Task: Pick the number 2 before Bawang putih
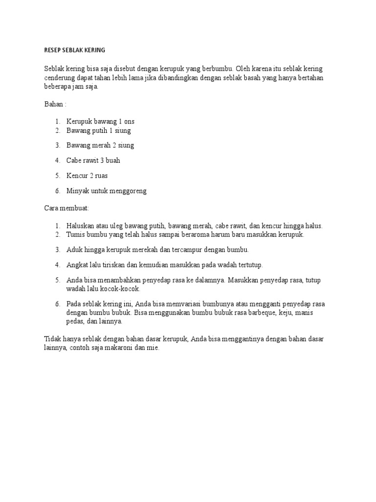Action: (57, 130)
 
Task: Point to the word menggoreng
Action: (129, 191)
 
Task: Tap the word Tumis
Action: (75, 234)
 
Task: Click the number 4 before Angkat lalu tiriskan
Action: (57, 265)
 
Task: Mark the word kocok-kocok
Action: (119, 289)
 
